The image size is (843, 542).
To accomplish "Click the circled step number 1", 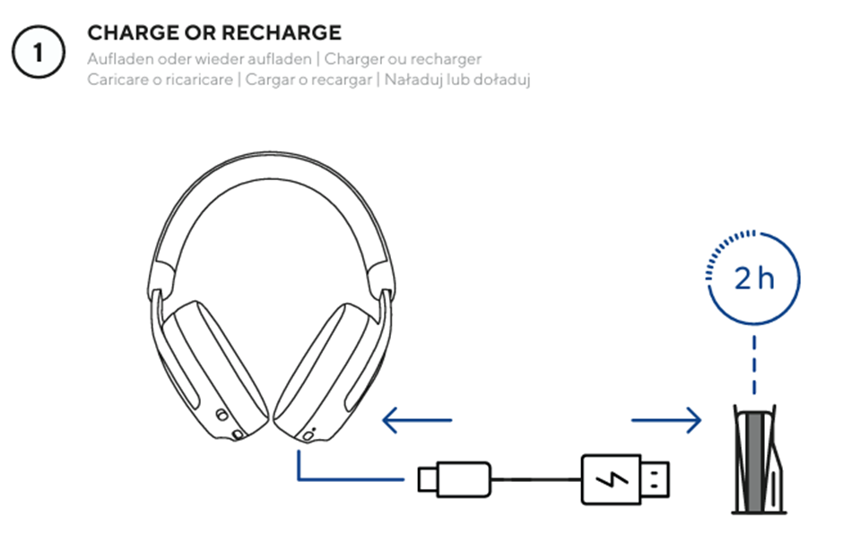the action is click(x=39, y=52).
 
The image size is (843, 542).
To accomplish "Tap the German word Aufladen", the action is click(x=120, y=58).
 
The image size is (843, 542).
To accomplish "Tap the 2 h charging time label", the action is click(x=754, y=279).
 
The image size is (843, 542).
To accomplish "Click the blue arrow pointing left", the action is click(x=417, y=420).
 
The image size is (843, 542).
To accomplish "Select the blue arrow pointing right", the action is click(x=666, y=420).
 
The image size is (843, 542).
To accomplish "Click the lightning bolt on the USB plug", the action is click(x=612, y=479).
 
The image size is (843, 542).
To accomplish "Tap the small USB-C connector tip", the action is click(x=428, y=479).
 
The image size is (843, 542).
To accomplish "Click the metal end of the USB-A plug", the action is click(x=656, y=479).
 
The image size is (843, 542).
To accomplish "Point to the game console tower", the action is click(x=758, y=459).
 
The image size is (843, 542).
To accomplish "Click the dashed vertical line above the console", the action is click(x=754, y=366).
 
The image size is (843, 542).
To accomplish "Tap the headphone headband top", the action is click(x=272, y=161).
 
